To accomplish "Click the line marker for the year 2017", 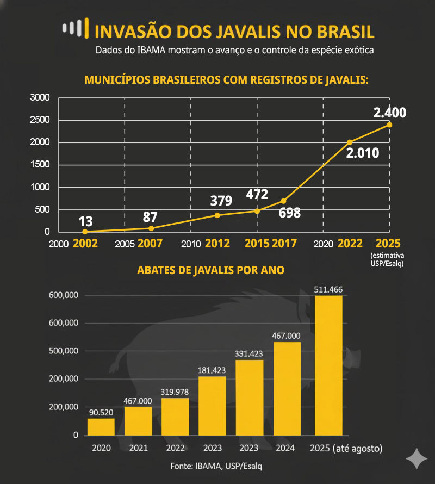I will [283, 201].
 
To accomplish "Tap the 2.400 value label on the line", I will [389, 113].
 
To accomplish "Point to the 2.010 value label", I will [362, 153].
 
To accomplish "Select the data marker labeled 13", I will [85, 231].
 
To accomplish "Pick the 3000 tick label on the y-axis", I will [40, 98].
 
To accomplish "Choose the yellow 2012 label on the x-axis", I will [217, 244].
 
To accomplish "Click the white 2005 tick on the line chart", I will [125, 244].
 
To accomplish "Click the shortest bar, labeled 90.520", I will [101, 427].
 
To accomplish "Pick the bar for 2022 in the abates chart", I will [175, 417].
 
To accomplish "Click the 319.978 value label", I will [175, 392].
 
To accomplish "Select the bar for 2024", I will [287, 388].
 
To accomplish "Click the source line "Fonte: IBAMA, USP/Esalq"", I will [217, 467].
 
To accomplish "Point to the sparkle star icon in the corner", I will [417, 458].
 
